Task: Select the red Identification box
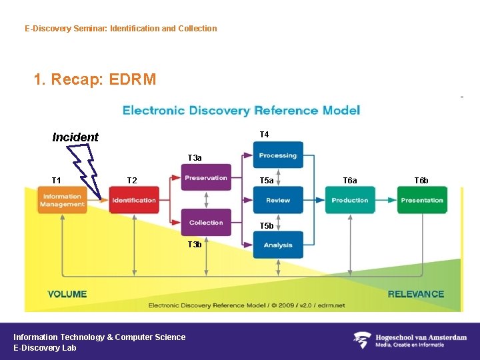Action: coord(134,200)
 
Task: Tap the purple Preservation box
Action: coord(206,178)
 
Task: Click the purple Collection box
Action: coord(206,223)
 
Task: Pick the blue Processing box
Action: coord(278,155)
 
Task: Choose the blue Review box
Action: coord(278,200)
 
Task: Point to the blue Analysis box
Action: coord(278,245)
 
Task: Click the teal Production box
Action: coord(350,200)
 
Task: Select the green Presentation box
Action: coord(422,200)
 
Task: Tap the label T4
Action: coord(264,135)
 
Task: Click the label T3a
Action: coord(195,158)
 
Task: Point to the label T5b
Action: coord(267,226)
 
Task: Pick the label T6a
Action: coord(350,181)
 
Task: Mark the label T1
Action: coord(57,181)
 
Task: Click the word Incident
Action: coord(75,137)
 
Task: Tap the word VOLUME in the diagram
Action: coord(67,294)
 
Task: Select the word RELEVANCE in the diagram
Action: coord(416,294)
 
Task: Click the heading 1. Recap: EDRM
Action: coord(95,80)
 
